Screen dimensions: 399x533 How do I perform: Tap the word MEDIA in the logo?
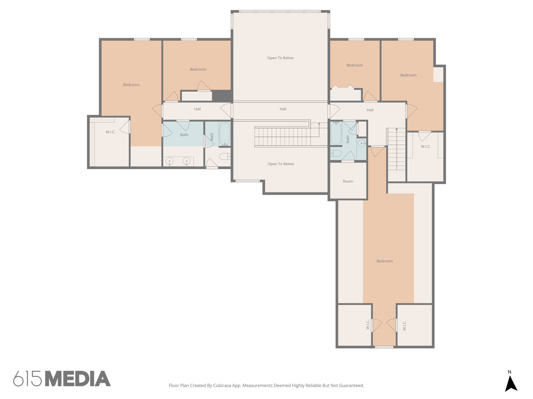click(78, 379)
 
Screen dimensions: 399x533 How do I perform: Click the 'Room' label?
click(348, 181)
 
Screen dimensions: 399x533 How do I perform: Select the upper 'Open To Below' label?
click(280, 58)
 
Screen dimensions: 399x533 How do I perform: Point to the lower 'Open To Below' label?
click(281, 164)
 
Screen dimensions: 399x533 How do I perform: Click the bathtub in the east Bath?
click(336, 133)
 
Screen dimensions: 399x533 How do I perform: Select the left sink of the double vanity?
click(169, 161)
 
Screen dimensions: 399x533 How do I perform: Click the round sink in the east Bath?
click(361, 143)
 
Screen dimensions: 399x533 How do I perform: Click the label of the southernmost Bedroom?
click(384, 261)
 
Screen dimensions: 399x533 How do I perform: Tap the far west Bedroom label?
click(131, 85)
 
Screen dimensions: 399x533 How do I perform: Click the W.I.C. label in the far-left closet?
click(111, 132)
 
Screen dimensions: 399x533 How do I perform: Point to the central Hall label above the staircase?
click(283, 109)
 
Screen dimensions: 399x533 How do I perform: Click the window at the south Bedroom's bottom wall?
click(384, 347)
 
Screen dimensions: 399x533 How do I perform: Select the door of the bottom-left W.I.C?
click(377, 325)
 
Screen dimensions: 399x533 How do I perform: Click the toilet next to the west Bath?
click(225, 156)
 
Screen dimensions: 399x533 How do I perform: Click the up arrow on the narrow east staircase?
click(397, 129)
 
